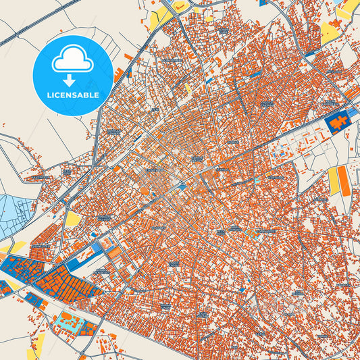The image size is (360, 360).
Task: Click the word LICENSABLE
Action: click(72, 95)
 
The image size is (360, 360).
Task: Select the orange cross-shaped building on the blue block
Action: click(338, 122)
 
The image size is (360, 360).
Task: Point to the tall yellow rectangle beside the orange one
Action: click(333, 180)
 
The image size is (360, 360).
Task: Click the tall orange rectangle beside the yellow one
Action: click(344, 180)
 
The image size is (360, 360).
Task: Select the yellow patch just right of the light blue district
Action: click(72, 219)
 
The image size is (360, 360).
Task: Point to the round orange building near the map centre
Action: click(145, 191)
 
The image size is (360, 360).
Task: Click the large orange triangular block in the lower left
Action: click(68, 284)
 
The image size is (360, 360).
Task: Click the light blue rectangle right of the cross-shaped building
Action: click(354, 115)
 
